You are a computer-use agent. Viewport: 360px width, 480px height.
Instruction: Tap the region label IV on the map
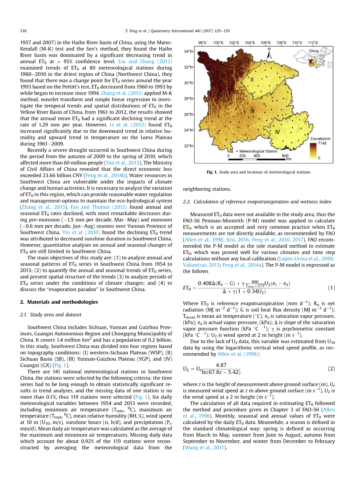(x=277, y=132)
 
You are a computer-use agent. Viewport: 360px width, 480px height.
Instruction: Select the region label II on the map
(x=252, y=79)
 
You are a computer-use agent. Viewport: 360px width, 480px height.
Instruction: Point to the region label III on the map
(x=252, y=111)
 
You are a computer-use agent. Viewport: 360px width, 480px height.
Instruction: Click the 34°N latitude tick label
(x=188, y=51)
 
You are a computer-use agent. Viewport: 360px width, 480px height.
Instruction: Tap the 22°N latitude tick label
(x=188, y=146)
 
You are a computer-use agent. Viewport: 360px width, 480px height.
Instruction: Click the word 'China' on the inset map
(x=313, y=51)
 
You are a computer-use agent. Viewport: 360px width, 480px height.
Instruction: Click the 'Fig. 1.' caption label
(x=213, y=172)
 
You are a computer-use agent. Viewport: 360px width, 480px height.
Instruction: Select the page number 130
(x=23, y=30)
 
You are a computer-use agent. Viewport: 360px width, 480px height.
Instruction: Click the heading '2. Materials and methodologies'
(x=59, y=302)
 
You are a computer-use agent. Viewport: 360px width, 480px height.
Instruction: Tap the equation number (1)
(x=331, y=288)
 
